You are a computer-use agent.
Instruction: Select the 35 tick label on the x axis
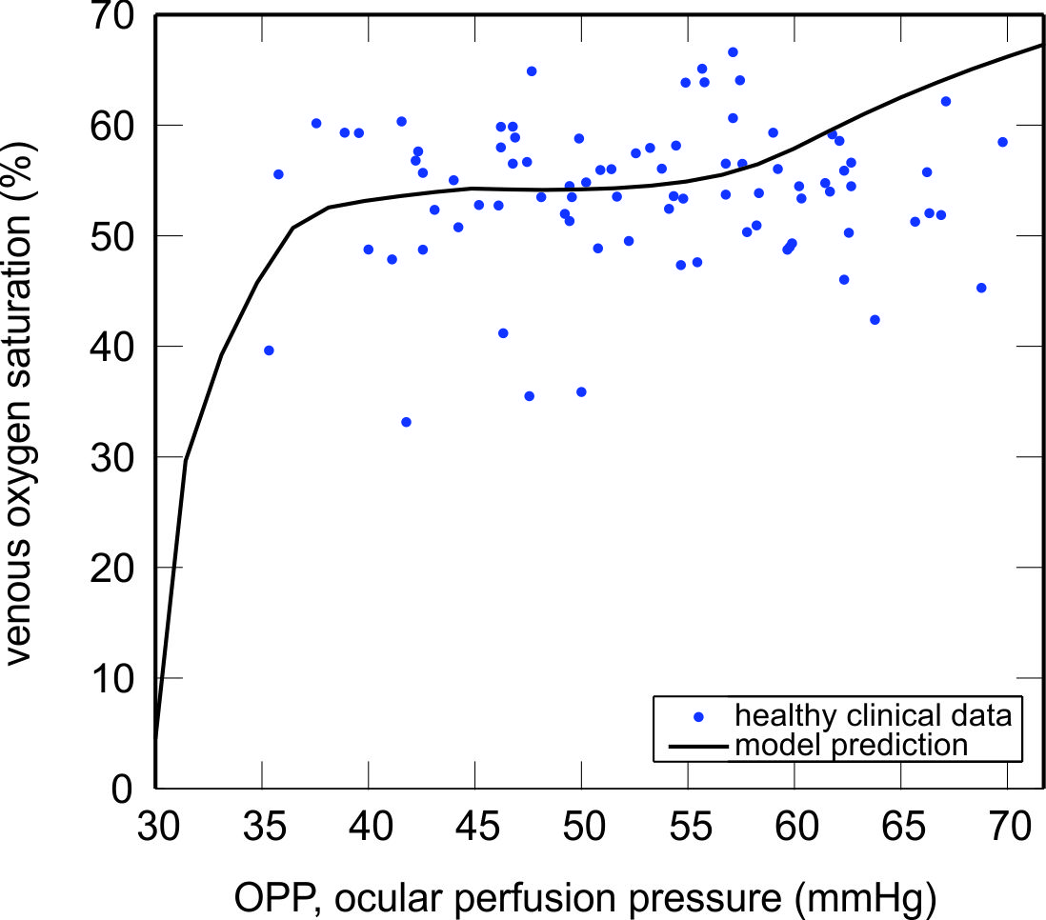pyautogui.click(x=262, y=822)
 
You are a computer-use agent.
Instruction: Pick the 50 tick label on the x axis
pyautogui.click(x=581, y=822)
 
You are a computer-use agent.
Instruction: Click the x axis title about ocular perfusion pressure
pyautogui.click(x=585, y=893)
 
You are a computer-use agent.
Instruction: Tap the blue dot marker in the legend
pyautogui.click(x=700, y=714)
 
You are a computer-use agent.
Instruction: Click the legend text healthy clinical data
pyautogui.click(x=865, y=713)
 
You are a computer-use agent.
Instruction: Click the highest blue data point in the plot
pyautogui.click(x=733, y=52)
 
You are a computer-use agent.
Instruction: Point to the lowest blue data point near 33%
pyautogui.click(x=406, y=422)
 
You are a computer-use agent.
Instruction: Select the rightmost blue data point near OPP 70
pyautogui.click(x=1002, y=142)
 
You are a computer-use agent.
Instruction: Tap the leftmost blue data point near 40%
pyautogui.click(x=269, y=350)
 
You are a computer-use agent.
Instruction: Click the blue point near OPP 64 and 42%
pyautogui.click(x=875, y=320)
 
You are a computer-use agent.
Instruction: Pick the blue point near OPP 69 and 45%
pyautogui.click(x=981, y=288)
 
